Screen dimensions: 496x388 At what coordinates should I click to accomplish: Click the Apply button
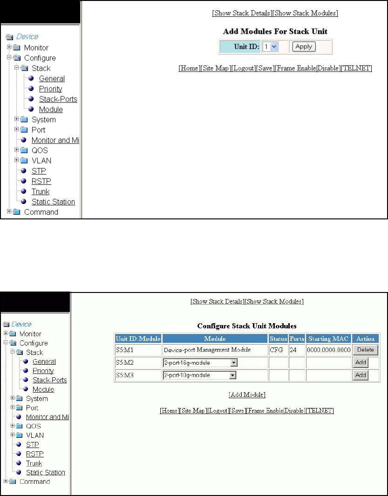click(x=304, y=47)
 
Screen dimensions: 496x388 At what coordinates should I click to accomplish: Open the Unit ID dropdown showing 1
click(x=270, y=47)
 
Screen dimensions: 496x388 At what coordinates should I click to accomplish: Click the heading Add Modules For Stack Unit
click(x=275, y=32)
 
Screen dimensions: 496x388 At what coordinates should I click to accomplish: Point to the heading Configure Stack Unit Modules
click(x=247, y=326)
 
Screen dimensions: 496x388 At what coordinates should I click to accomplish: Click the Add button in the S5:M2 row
click(x=361, y=362)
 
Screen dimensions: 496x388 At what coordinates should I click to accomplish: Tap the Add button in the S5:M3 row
click(x=361, y=375)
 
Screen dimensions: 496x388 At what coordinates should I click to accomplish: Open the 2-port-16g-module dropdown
click(x=200, y=362)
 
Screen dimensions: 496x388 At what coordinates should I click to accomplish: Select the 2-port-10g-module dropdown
click(x=200, y=375)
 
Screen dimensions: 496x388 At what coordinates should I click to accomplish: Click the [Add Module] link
click(x=247, y=395)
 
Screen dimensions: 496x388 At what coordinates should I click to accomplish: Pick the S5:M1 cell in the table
click(x=125, y=349)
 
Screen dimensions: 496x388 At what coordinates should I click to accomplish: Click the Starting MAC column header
click(x=328, y=339)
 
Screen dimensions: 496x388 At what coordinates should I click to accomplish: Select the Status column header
click(x=278, y=339)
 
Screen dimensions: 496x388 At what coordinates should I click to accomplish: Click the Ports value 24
click(x=294, y=349)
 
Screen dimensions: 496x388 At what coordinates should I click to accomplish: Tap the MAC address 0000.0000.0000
click(x=328, y=349)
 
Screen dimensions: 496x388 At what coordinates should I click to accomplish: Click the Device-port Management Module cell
click(x=207, y=349)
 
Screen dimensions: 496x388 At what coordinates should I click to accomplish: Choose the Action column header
click(x=366, y=339)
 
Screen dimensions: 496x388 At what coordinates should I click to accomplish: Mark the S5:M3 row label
click(x=125, y=375)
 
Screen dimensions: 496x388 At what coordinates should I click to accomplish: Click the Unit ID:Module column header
click(x=138, y=339)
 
